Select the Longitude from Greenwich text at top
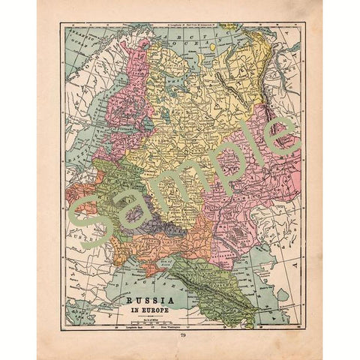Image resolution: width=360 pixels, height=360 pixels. pyautogui.click(x=180, y=25)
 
